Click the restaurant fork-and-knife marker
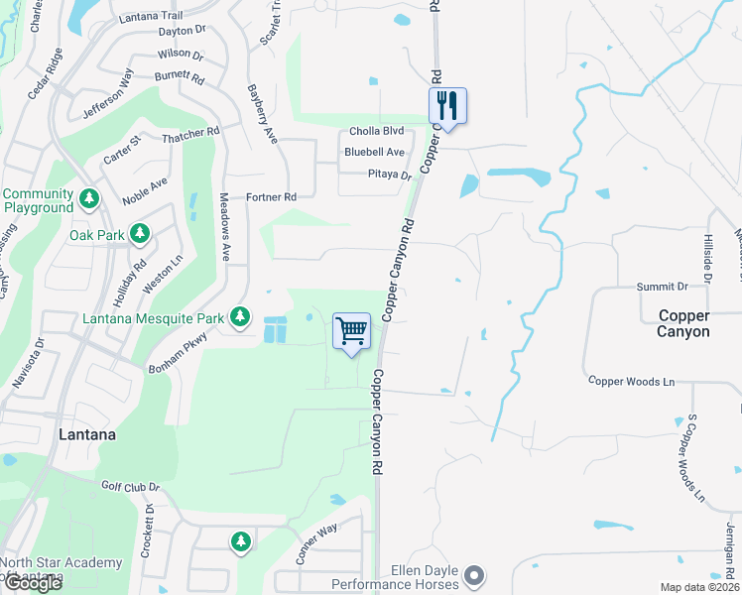click(x=447, y=105)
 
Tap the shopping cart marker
click(x=352, y=330)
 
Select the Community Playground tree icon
click(x=89, y=199)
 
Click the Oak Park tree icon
click(x=140, y=234)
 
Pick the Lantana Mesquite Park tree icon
click(x=239, y=317)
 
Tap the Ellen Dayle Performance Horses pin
click(x=475, y=575)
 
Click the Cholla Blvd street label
click(x=376, y=132)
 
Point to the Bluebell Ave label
click(x=374, y=152)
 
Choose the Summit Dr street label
click(x=662, y=287)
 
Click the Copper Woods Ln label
click(x=630, y=381)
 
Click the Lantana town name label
click(x=86, y=434)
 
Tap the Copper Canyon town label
click(x=683, y=323)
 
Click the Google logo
click(x=32, y=583)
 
